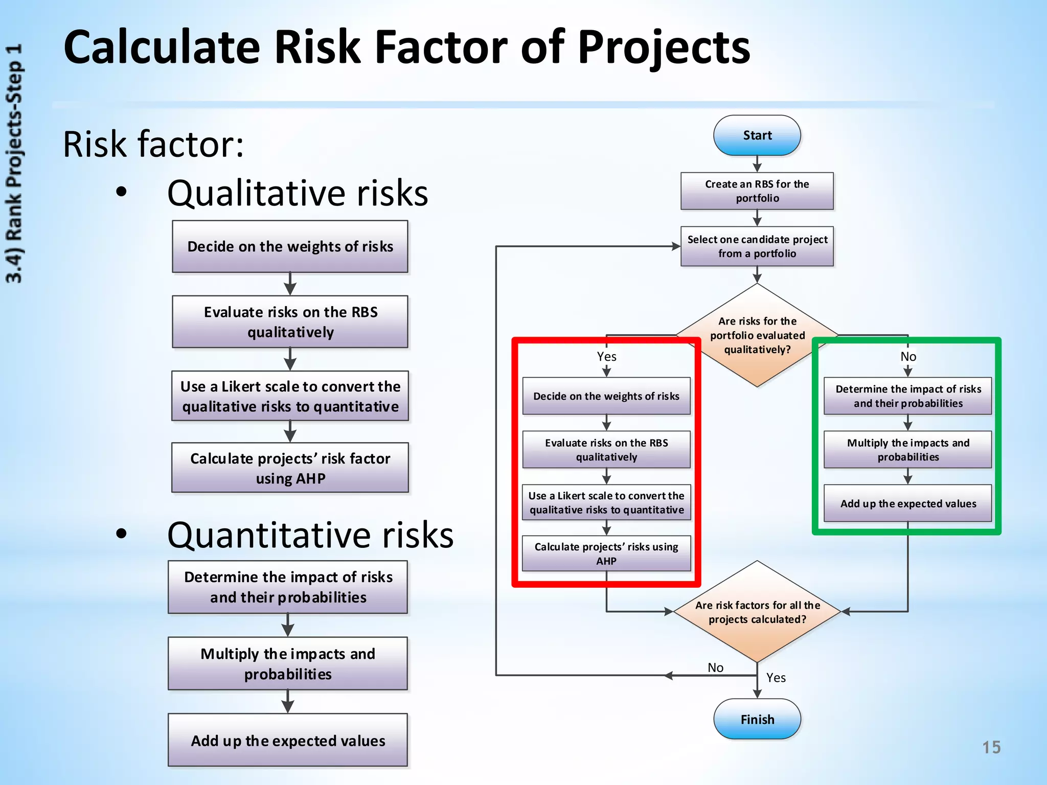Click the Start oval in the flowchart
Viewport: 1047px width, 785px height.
point(757,135)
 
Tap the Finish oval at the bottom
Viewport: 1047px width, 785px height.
point(757,719)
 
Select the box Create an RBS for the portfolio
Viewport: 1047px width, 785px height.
point(757,191)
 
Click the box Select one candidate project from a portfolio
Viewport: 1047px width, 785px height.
point(757,246)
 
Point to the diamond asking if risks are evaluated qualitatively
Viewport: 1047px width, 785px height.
point(757,335)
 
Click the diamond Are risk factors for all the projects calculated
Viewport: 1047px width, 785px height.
point(757,612)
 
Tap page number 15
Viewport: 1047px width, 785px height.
point(991,747)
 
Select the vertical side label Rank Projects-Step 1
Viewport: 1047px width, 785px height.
point(14,164)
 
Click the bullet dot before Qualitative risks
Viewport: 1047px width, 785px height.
point(121,193)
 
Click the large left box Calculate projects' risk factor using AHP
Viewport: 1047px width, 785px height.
point(290,468)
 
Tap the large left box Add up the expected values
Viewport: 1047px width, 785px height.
point(288,740)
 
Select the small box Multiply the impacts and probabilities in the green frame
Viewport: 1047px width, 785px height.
point(907,450)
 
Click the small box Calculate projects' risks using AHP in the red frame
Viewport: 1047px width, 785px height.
point(606,553)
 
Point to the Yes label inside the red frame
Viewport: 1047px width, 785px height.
point(606,357)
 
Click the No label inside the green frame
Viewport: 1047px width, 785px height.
point(908,357)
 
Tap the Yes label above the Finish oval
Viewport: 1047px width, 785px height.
point(776,678)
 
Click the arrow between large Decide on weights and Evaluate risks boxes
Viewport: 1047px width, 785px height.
point(290,284)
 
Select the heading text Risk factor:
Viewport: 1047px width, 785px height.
point(153,144)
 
